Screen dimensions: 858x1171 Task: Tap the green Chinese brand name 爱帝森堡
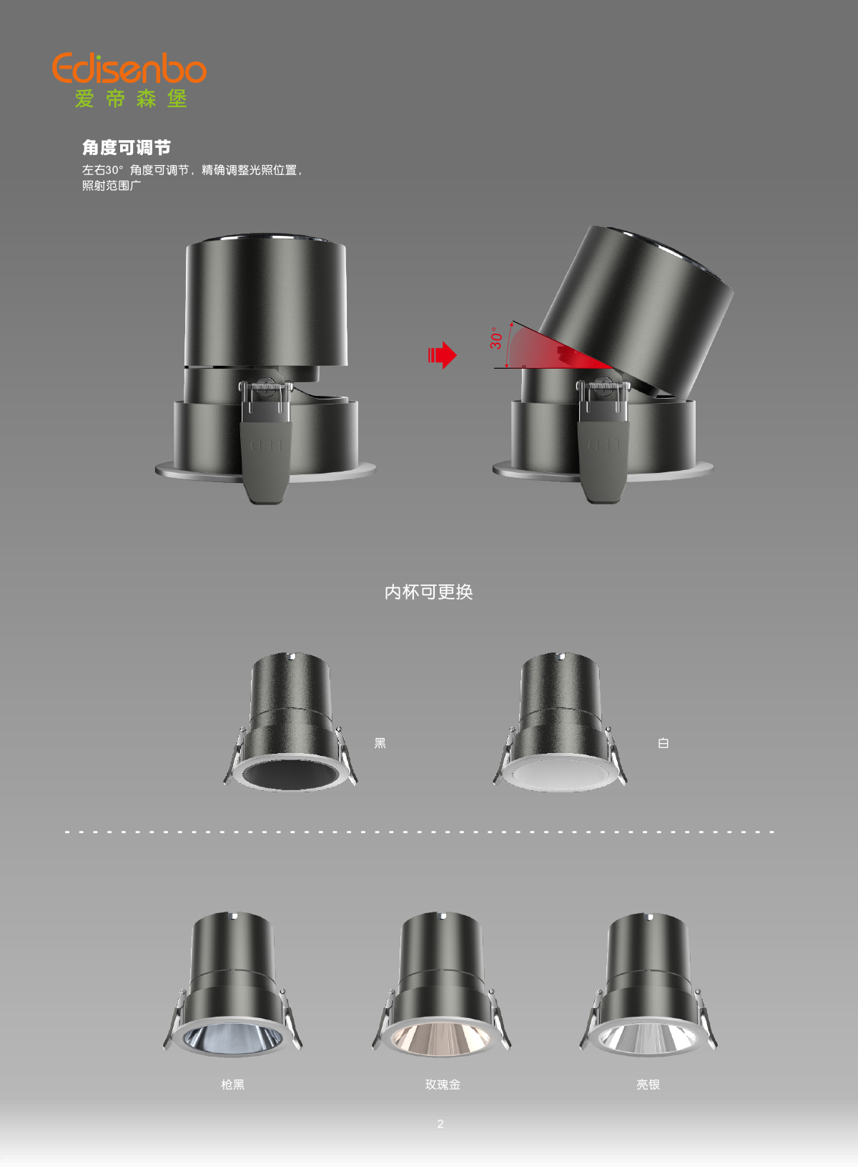coord(131,99)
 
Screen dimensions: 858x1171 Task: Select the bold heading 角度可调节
coord(126,147)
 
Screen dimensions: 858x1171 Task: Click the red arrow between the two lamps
coord(442,355)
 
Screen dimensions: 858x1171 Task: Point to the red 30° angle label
coord(495,338)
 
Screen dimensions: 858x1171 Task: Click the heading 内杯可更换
coord(428,592)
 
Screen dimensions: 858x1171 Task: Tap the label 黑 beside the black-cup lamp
coord(380,743)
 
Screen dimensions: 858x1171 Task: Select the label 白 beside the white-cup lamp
coord(663,743)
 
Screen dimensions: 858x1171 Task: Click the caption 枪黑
coord(232,1085)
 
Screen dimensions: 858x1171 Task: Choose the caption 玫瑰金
coord(443,1085)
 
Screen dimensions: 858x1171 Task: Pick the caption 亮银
coord(648,1085)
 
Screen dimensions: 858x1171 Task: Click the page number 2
coord(440,1123)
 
